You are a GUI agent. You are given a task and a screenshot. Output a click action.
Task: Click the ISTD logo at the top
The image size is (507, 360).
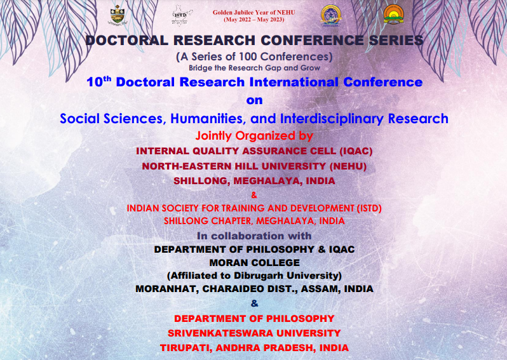182,15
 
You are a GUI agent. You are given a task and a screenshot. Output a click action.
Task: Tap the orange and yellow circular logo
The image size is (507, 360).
393,15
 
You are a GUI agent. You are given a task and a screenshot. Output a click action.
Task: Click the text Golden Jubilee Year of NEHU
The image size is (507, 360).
254,13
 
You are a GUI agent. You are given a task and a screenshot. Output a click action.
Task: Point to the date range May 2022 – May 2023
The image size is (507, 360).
254,20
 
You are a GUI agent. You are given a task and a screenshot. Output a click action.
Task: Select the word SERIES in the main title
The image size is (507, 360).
396,41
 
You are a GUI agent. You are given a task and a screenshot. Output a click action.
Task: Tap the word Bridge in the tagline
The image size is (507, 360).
198,68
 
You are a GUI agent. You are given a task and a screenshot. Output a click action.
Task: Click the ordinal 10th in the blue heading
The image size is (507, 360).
99,82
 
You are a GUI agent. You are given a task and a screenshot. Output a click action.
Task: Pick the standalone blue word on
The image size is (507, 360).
254,100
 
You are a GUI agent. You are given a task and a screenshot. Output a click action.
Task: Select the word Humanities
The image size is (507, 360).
206,119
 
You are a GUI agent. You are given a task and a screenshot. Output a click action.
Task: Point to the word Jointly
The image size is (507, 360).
213,136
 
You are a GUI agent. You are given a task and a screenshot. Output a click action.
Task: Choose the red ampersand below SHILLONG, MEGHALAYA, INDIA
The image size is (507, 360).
254,195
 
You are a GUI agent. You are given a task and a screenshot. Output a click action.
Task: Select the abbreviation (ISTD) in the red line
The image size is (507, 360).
369,208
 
